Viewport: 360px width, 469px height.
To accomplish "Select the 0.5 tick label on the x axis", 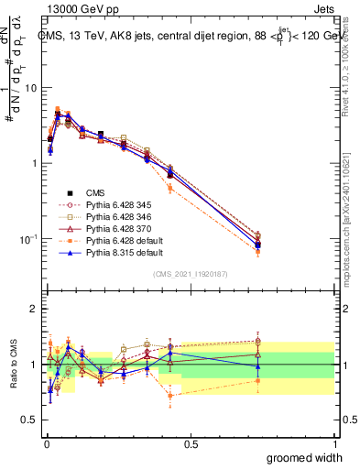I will point(190,443).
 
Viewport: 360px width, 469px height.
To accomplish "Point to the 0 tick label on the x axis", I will point(45,443).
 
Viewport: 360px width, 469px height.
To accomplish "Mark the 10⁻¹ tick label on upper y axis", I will point(27,239).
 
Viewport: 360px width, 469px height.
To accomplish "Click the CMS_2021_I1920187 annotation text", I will point(190,274).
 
